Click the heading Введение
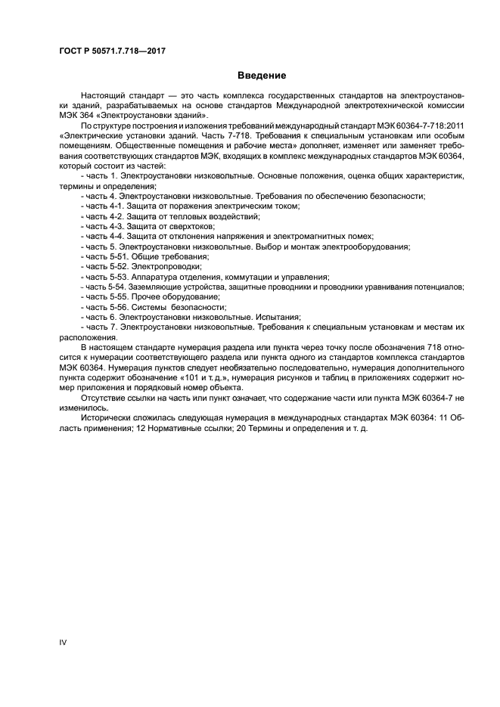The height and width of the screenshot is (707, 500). point(262,76)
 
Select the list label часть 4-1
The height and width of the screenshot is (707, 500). point(104,206)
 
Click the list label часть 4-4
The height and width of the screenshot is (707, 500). point(104,237)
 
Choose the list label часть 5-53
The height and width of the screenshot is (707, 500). point(107,277)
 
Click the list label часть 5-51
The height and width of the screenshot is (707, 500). point(107,257)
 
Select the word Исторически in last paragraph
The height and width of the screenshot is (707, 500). point(106,418)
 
